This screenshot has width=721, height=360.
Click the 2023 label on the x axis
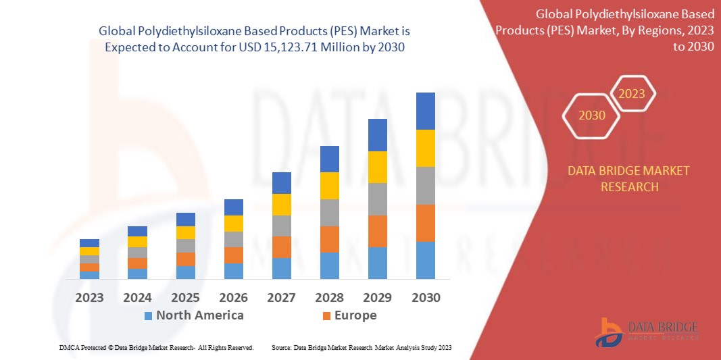tap(89, 297)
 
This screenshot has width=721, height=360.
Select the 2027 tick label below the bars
tap(281, 297)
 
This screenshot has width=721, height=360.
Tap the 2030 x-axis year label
tap(425, 297)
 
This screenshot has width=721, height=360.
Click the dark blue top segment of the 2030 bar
tap(425, 111)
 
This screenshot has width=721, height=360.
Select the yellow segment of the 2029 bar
tap(377, 167)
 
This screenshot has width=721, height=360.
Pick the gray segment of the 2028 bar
tap(329, 212)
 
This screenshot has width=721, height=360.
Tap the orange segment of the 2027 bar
tap(281, 247)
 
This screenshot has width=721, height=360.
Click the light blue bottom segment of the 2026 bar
tap(233, 271)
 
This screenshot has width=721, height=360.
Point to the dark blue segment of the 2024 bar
tap(137, 231)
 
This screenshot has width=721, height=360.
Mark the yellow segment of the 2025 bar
tap(185, 232)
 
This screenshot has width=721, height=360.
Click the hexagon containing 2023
tap(632, 94)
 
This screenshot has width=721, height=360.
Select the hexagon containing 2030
tap(592, 115)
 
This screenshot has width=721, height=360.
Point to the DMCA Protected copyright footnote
tap(156, 347)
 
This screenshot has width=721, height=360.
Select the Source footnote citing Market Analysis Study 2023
tap(361, 347)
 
